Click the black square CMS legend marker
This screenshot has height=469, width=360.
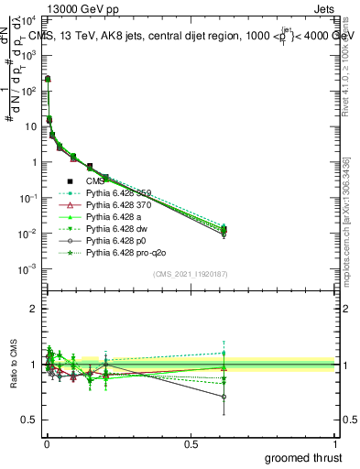click(72, 181)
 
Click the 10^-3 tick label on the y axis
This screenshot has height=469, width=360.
click(27, 269)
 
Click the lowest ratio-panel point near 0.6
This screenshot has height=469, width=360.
click(224, 397)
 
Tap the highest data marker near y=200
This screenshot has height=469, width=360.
click(47, 79)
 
